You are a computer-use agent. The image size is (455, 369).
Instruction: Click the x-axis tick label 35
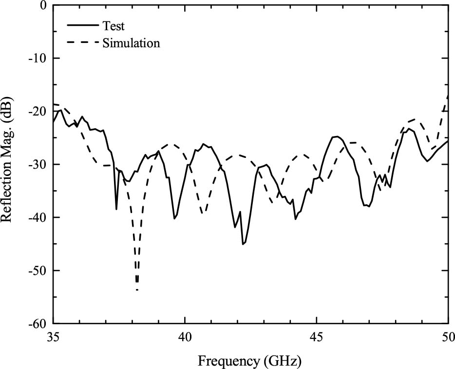[53, 336]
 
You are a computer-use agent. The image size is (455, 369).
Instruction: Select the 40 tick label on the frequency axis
[185, 336]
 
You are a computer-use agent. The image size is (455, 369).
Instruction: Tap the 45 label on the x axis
[317, 336]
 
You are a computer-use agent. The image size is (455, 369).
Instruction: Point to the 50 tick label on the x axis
[448, 336]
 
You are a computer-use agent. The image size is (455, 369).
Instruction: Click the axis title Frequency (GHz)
[249, 361]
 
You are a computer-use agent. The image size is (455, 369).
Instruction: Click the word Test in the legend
[114, 26]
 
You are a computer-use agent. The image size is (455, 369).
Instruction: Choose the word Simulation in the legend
[131, 43]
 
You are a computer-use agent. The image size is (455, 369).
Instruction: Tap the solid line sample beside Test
[82, 26]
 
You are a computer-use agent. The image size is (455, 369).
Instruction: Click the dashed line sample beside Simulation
[82, 43]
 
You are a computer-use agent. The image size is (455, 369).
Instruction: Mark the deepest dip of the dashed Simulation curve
[137, 290]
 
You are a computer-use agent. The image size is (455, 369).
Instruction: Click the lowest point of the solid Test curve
[243, 244]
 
